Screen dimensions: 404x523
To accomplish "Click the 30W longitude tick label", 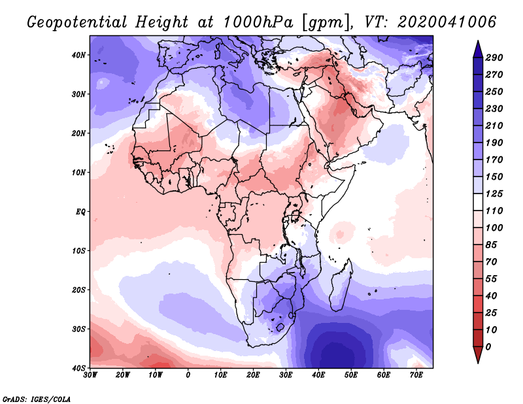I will click(90, 376).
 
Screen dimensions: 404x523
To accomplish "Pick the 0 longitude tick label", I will click(188, 376).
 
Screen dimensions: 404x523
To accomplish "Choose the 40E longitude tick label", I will click(318, 376).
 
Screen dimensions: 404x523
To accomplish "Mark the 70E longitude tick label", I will click(416, 376).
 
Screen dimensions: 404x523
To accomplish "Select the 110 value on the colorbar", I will click(501, 211).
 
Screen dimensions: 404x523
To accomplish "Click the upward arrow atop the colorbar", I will click(478, 48).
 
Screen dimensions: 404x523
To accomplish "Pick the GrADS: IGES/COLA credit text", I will click(37, 398).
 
